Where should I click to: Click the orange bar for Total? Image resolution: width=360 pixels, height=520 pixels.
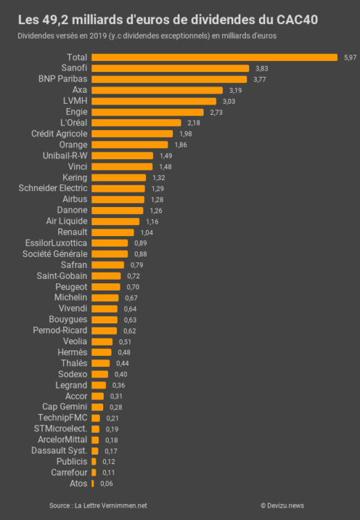point(215,57)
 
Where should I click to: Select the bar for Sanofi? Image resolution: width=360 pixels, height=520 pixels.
point(170,69)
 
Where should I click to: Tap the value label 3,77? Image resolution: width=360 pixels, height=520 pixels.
point(260,80)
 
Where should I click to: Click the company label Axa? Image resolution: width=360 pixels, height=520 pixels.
point(80,90)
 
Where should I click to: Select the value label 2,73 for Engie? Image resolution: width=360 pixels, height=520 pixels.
point(216,112)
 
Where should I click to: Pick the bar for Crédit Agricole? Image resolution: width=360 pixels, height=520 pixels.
point(132,134)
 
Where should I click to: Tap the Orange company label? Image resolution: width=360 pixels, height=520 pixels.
point(73,145)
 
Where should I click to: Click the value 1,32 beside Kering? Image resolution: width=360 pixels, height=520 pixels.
point(159,178)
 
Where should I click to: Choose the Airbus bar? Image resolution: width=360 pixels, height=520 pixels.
point(118,199)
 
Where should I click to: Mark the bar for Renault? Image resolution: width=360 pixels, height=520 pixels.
point(113,232)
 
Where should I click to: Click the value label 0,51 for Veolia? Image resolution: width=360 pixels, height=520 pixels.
point(125,341)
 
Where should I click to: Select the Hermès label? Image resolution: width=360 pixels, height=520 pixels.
point(73,352)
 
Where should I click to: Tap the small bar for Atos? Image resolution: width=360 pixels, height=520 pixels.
point(93,483)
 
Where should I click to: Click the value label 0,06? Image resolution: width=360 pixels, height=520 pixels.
point(107,483)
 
